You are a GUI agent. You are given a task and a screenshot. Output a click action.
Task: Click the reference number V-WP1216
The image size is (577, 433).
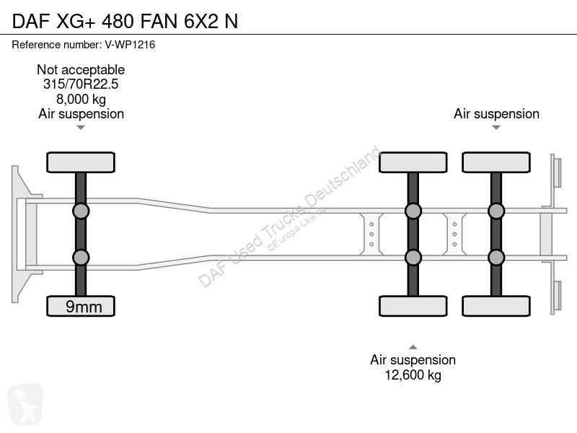[x=130, y=45]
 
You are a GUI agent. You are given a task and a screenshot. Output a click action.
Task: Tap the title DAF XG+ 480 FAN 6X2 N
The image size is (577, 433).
[x=125, y=21]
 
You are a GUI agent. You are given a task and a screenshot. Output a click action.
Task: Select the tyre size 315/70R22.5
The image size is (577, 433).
[x=81, y=84]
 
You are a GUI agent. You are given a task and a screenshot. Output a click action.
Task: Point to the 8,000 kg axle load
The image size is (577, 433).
[x=81, y=99]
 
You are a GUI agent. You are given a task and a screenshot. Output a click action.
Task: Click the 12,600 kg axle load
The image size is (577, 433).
[x=413, y=375]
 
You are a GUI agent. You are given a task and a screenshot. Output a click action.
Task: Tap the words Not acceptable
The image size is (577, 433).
[x=81, y=69]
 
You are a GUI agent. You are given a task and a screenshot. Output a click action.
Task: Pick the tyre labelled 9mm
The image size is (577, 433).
[x=81, y=306]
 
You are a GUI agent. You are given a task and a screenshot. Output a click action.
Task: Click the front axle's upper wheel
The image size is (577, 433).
[x=81, y=162]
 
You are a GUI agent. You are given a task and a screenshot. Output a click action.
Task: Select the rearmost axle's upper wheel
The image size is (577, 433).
[x=496, y=162]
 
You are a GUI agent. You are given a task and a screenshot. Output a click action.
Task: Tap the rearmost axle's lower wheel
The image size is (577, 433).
[x=496, y=306]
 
